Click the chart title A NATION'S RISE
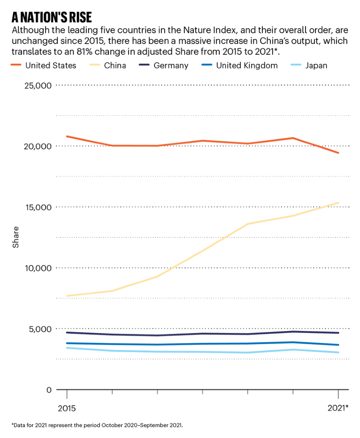pyautogui.click(x=52, y=17)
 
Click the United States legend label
pyautogui.click(x=51, y=66)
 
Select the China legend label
pyautogui.click(x=115, y=66)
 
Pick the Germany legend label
pyautogui.click(x=171, y=66)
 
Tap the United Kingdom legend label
pyautogui.click(x=247, y=66)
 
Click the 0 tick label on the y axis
pyautogui.click(x=48, y=390)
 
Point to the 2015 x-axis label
pyautogui.click(x=67, y=408)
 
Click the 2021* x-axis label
pyautogui.click(x=337, y=408)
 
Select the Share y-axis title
pyautogui.click(x=16, y=237)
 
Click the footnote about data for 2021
pyautogui.click(x=97, y=425)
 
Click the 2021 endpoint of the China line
pyautogui.click(x=338, y=203)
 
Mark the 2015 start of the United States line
pyautogui.click(x=67, y=136)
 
